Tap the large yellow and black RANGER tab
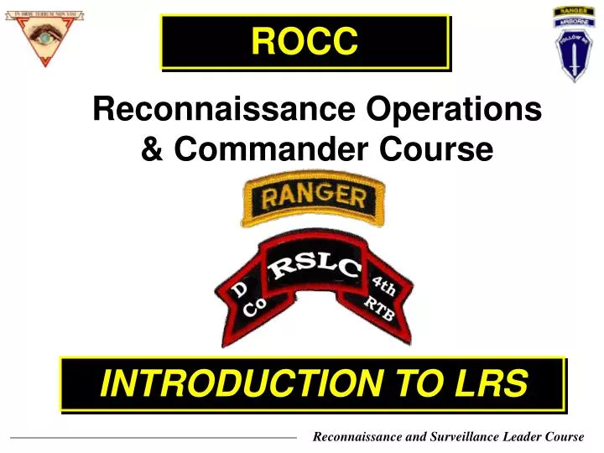tap(314, 200)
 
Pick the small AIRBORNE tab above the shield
tap(572, 24)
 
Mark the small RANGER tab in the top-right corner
tap(572, 12)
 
